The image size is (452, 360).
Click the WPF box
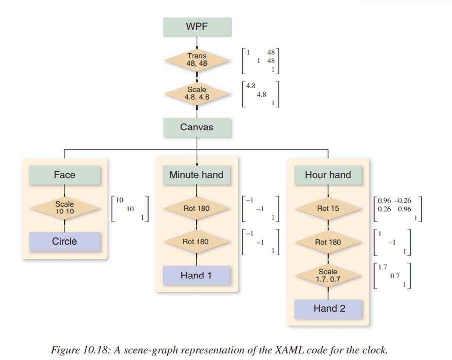tap(197, 27)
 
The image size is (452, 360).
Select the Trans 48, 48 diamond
tap(197, 60)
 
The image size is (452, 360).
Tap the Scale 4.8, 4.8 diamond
tap(197, 94)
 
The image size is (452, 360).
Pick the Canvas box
tap(197, 127)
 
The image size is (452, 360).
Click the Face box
tap(64, 175)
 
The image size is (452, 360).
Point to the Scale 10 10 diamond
tap(64, 208)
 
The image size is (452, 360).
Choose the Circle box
tap(64, 241)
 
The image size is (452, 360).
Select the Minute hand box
tap(196, 175)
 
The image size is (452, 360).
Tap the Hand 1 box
tap(196, 275)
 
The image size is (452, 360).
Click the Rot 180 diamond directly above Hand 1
tap(196, 242)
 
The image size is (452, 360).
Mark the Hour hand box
tap(328, 175)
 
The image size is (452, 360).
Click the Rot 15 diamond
tap(328, 208)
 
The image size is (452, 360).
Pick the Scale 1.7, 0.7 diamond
tap(328, 275)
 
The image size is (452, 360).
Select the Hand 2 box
tap(328, 308)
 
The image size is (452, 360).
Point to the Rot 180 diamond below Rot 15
tap(328, 242)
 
